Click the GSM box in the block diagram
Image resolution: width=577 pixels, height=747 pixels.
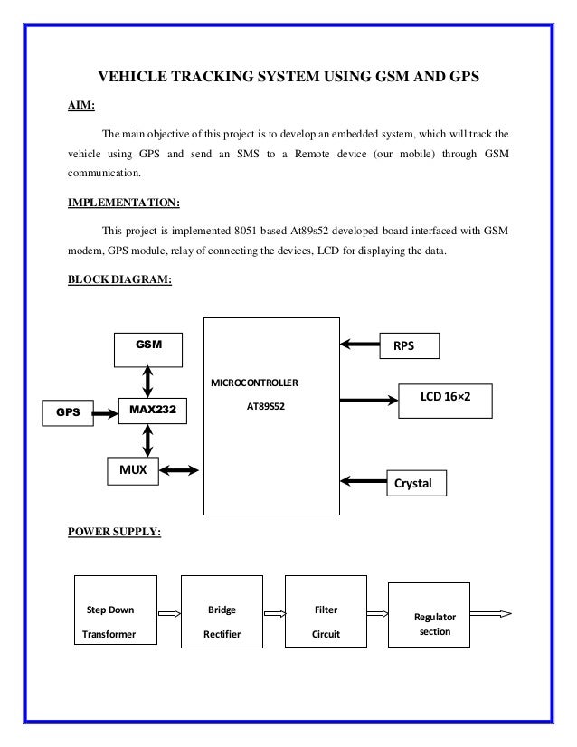(146, 345)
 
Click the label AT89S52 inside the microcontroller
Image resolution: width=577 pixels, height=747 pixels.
(265, 406)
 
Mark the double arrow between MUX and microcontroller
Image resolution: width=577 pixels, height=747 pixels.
(181, 469)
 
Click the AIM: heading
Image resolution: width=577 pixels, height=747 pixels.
(82, 104)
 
